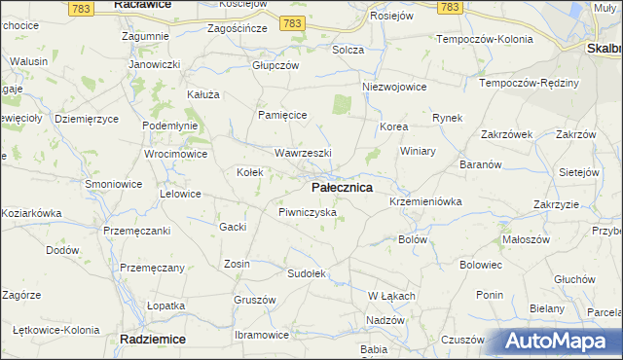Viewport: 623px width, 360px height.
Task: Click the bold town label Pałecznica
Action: [x=341, y=187]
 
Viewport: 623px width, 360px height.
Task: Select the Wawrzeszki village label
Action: [x=303, y=154]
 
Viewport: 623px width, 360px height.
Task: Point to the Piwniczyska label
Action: [x=307, y=211]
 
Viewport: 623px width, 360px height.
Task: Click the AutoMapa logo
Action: [x=558, y=342]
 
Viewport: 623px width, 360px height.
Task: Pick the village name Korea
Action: [x=393, y=127]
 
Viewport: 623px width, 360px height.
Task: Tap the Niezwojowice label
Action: [x=394, y=87]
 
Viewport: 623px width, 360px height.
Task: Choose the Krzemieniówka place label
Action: [x=424, y=201]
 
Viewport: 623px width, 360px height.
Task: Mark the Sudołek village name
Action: [x=305, y=273]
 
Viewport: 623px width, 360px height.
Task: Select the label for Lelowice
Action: [x=180, y=194]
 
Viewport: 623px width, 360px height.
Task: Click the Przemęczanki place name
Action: [x=137, y=231]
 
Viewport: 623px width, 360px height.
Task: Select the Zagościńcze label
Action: [x=238, y=29]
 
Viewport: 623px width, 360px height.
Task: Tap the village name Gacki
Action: [x=233, y=227]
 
